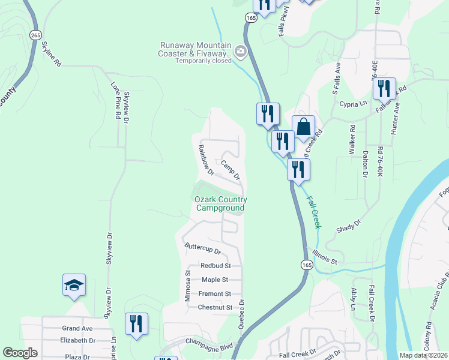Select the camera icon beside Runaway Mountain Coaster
click(x=241, y=52)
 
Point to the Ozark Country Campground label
click(x=220, y=204)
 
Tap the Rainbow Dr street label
click(x=206, y=159)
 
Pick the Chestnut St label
click(x=215, y=308)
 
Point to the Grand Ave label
click(x=77, y=328)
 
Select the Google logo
click(x=20, y=353)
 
